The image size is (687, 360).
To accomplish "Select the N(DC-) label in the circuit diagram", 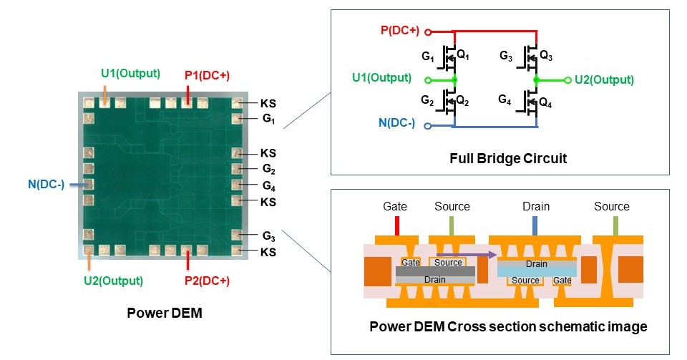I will pyautogui.click(x=396, y=123).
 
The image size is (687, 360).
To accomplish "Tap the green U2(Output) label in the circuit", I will pyautogui.click(x=604, y=79).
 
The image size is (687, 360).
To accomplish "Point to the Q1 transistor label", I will pyautogui.click(x=464, y=54).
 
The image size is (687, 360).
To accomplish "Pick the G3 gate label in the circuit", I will pyautogui.click(x=506, y=55).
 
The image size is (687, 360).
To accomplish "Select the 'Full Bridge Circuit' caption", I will pyautogui.click(x=509, y=158).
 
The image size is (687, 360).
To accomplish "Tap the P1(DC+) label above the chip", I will pyautogui.click(x=207, y=74).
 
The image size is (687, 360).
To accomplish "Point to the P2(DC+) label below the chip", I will pyautogui.click(x=207, y=281).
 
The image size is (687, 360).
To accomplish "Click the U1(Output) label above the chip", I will pyautogui.click(x=130, y=73).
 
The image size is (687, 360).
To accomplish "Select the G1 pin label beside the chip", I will pyautogui.click(x=269, y=119).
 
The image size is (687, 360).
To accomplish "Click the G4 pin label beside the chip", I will pyautogui.click(x=269, y=186).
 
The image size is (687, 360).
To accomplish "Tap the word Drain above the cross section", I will pyautogui.click(x=535, y=206).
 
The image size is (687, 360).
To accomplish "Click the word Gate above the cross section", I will pyautogui.click(x=395, y=206).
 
